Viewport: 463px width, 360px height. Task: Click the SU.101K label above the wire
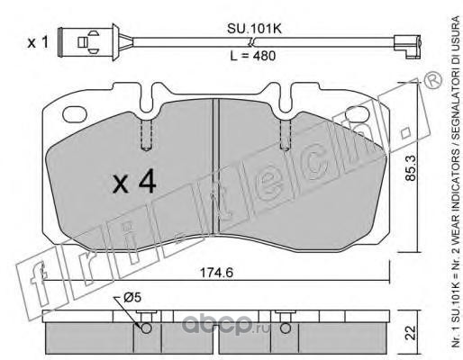pos(254,29)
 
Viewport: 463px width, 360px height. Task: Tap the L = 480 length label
pos(252,56)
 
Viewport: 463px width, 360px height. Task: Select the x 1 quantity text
pos(38,42)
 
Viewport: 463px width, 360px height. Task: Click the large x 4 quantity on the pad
pos(134,181)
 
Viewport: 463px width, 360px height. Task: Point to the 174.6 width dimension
pos(216,273)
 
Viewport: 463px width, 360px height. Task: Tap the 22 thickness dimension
pos(410,333)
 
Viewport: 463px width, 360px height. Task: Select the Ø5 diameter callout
pos(132,298)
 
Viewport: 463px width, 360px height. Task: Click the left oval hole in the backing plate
pos(75,115)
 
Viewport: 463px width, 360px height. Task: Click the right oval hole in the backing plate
pos(358,115)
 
